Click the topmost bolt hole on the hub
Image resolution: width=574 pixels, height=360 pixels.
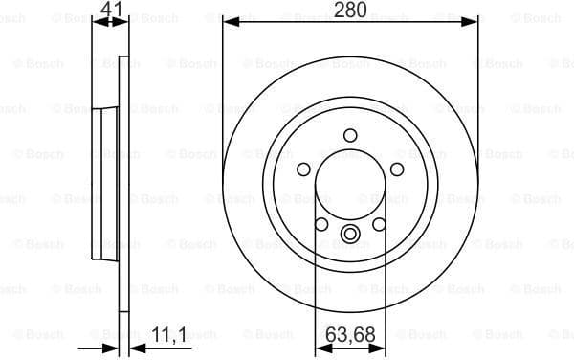pos(349,135)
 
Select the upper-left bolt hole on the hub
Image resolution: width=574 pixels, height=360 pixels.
pos(304,169)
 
